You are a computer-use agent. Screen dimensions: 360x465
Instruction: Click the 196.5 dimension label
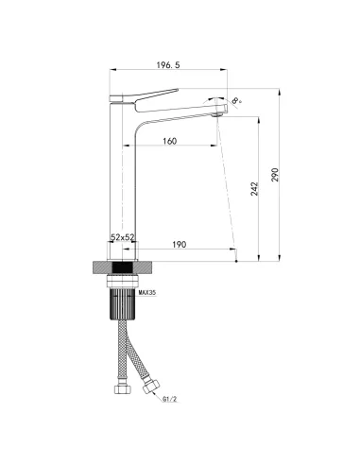[x=168, y=65]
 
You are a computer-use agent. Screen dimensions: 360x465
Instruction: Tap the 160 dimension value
[x=169, y=141]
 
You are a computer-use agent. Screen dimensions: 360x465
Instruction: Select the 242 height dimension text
[x=254, y=189]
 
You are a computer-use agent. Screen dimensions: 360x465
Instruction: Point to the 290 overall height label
[x=275, y=175]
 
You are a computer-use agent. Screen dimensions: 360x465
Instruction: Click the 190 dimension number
[x=179, y=245]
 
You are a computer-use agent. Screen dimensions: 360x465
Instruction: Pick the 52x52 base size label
[x=123, y=237]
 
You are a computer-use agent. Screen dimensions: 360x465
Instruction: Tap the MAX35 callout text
[x=147, y=293]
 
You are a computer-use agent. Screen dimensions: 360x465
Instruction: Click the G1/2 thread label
[x=170, y=399]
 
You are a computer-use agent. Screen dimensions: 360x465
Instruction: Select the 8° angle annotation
[x=237, y=100]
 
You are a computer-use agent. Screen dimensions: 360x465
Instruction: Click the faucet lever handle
[x=144, y=95]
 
